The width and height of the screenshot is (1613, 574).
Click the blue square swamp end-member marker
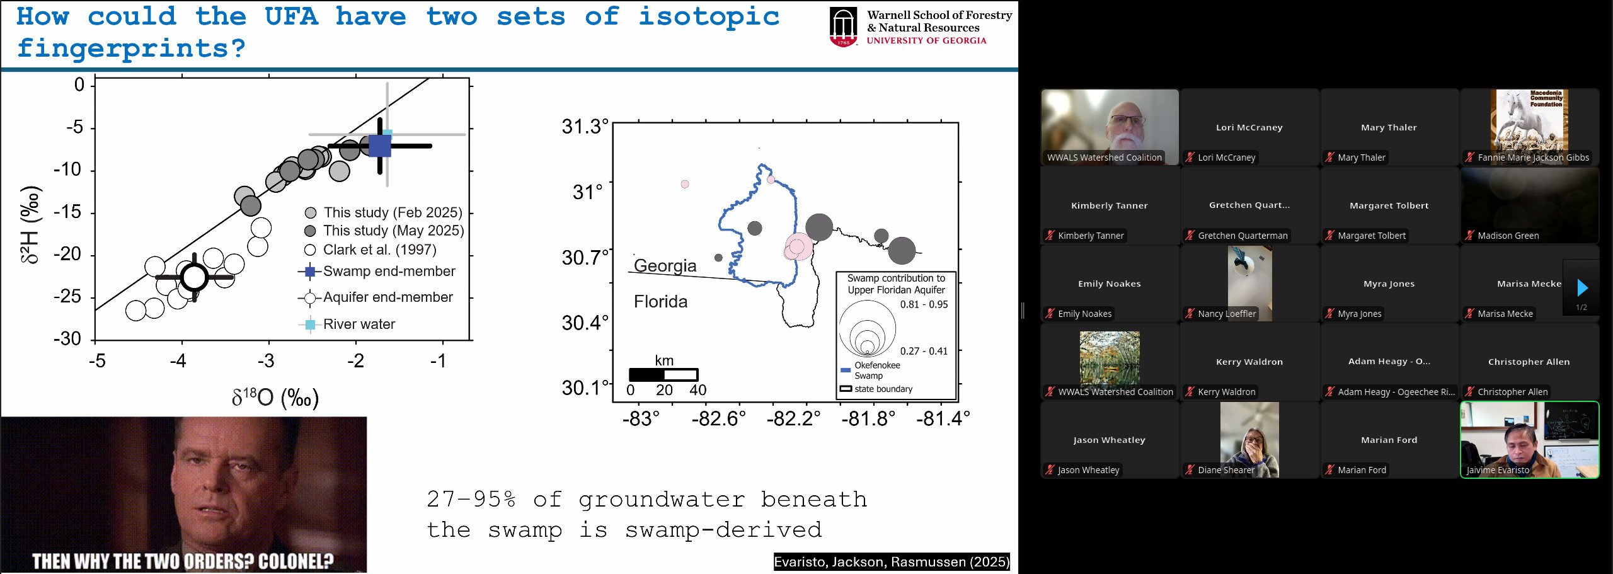379,146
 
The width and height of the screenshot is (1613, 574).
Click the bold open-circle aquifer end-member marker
194,277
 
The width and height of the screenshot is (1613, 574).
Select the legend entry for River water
347,324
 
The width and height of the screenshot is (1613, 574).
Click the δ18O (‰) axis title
275,397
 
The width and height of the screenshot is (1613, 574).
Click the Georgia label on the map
665,265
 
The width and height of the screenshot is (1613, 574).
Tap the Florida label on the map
660,301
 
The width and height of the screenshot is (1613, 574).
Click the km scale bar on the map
663,374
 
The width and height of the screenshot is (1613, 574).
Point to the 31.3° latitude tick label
585,127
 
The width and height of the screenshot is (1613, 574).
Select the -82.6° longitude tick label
718,418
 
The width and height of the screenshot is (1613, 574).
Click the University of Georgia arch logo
843,27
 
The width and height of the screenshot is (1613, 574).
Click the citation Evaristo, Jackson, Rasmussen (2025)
892,562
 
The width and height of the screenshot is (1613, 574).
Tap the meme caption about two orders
183,561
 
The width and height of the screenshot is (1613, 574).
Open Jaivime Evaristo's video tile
1529,440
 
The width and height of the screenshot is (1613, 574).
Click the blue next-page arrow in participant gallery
1582,288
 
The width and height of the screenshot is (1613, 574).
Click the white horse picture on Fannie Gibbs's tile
1529,120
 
